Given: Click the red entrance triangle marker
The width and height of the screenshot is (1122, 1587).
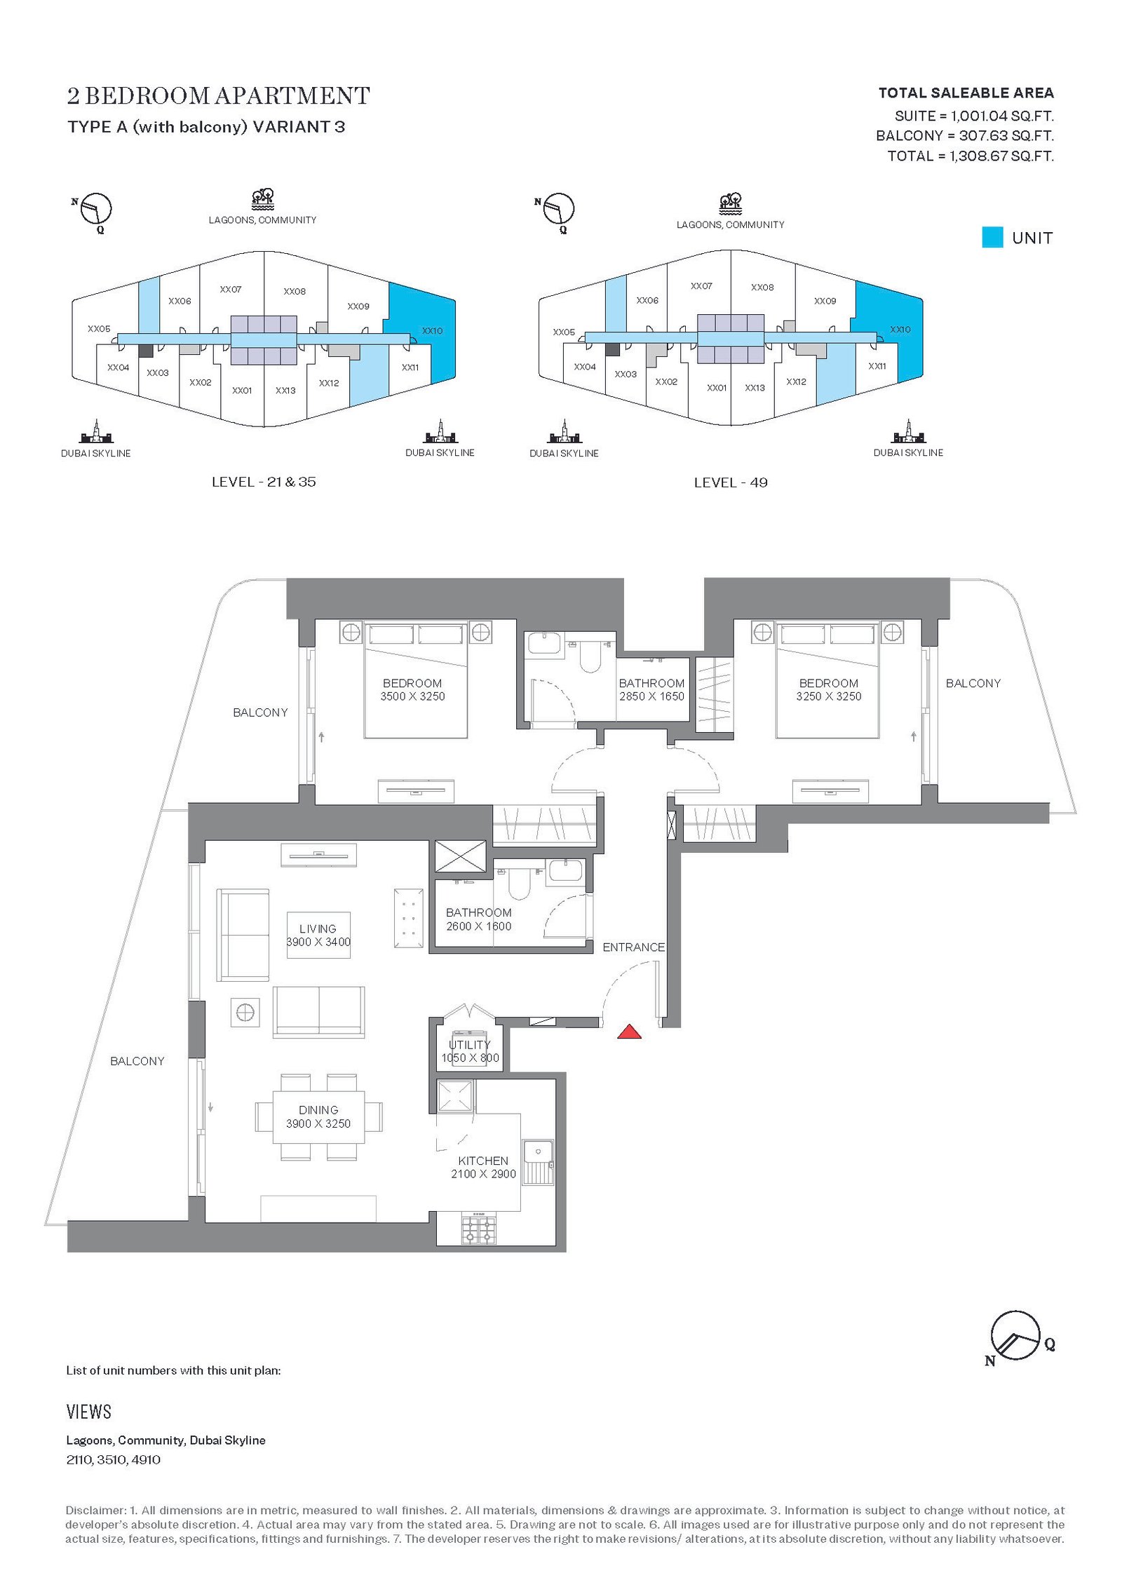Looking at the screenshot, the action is click(629, 1032).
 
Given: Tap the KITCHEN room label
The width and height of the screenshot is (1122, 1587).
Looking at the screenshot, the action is click(483, 1161).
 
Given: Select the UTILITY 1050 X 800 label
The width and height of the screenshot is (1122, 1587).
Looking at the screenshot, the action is click(470, 1051).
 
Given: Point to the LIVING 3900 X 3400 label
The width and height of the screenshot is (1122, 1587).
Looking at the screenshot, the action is click(318, 936).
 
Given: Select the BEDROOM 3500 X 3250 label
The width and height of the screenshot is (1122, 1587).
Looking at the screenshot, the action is click(412, 689).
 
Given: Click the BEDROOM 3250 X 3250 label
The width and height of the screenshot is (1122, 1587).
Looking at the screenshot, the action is click(828, 689).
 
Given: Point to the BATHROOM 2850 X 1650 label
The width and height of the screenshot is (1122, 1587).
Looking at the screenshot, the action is click(651, 689).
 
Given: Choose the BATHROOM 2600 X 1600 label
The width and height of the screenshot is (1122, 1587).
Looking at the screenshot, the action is click(479, 919).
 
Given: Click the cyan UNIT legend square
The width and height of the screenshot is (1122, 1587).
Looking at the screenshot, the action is click(992, 237).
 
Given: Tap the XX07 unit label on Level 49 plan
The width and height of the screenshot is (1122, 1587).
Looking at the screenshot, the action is click(701, 285).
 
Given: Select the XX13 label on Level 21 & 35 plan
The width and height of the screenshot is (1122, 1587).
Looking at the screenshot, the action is click(285, 390).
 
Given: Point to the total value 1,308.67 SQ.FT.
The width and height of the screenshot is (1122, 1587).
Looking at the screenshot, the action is click(1001, 156).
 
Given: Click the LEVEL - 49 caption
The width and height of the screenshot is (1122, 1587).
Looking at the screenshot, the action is click(731, 482).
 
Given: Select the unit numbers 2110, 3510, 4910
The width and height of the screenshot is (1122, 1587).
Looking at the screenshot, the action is click(114, 1459).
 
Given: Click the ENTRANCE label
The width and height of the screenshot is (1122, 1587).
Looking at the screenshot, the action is click(633, 947).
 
